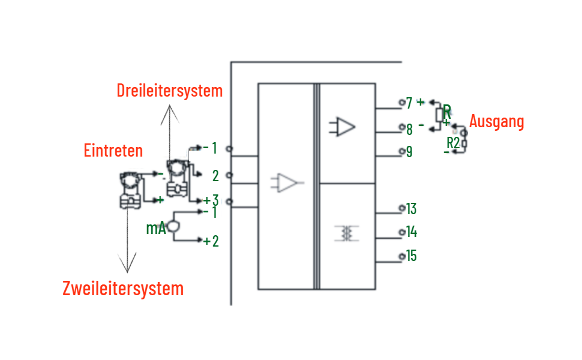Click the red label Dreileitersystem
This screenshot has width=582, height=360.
[170, 91]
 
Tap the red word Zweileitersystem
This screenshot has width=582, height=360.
[123, 289]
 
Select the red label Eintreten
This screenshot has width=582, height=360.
[113, 151]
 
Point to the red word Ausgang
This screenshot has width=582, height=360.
[497, 122]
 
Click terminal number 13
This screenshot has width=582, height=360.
[411, 209]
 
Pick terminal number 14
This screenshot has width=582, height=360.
[412, 232]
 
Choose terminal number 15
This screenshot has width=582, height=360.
[411, 256]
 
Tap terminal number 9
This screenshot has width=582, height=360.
[409, 152]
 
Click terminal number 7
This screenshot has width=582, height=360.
[409, 103]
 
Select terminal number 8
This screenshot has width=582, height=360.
[409, 130]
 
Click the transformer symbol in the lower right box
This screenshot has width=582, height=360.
[346, 233]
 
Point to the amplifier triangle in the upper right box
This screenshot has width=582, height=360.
[342, 127]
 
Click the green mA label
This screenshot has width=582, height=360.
[156, 228]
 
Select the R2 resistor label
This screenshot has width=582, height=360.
[453, 143]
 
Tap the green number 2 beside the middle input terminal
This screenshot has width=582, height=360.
[215, 176]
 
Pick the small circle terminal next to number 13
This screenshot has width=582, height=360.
[402, 208]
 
